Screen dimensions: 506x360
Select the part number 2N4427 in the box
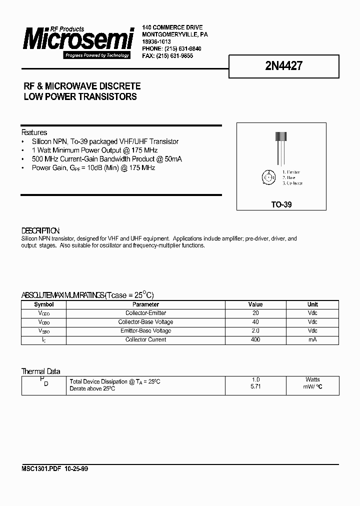283,66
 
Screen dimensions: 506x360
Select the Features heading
34,132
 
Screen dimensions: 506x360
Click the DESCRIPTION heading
40,231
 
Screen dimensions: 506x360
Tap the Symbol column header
43,304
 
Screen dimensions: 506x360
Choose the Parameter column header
145,304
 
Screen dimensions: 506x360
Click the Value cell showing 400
255,340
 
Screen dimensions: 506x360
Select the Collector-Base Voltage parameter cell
145,322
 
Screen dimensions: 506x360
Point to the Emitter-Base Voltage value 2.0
255,331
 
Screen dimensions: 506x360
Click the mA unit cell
312,340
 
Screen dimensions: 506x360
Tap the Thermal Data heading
40,371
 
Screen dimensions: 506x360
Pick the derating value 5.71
255,387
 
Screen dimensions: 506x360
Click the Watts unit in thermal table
312,380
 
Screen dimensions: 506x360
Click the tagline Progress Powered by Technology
97,55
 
